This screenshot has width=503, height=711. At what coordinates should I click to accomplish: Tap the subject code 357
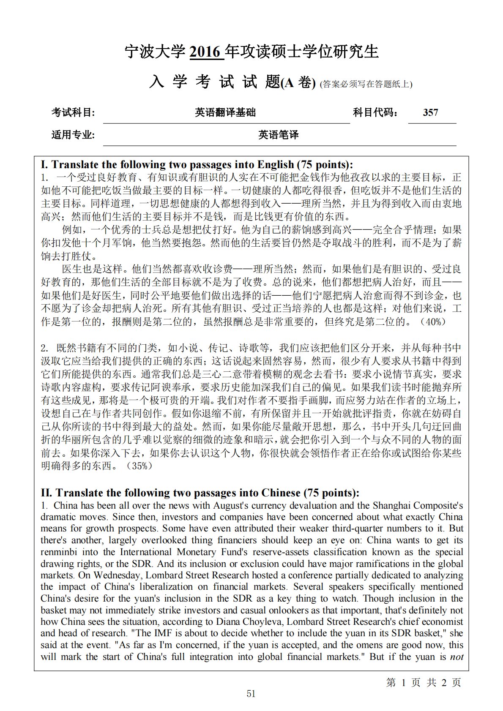430,112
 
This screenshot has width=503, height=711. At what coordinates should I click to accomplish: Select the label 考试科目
73,112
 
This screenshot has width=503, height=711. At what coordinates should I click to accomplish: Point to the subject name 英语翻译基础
225,112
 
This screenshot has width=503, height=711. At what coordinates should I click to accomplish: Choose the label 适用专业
73,135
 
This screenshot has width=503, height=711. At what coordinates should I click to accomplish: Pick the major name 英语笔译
278,135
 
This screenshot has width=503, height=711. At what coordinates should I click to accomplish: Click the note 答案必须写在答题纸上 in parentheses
366,84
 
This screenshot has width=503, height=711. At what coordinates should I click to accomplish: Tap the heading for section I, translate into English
197,164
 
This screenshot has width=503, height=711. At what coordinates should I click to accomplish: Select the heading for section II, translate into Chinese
200,493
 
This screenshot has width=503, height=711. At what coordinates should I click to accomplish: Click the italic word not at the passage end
457,657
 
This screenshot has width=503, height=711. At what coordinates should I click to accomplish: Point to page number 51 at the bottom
251,693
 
